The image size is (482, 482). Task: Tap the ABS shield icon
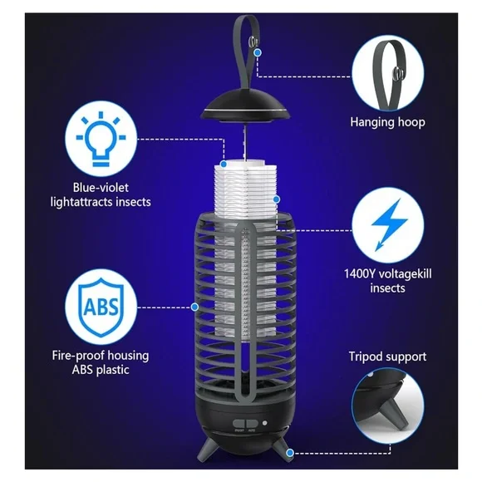click(x=99, y=305)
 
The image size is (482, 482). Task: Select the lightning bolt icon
click(x=385, y=226)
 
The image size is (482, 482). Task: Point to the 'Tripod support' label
click(x=386, y=357)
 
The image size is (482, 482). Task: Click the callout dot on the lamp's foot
click(x=290, y=454)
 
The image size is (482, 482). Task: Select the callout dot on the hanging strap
click(x=258, y=52)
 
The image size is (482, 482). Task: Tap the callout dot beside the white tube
click(x=277, y=200)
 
